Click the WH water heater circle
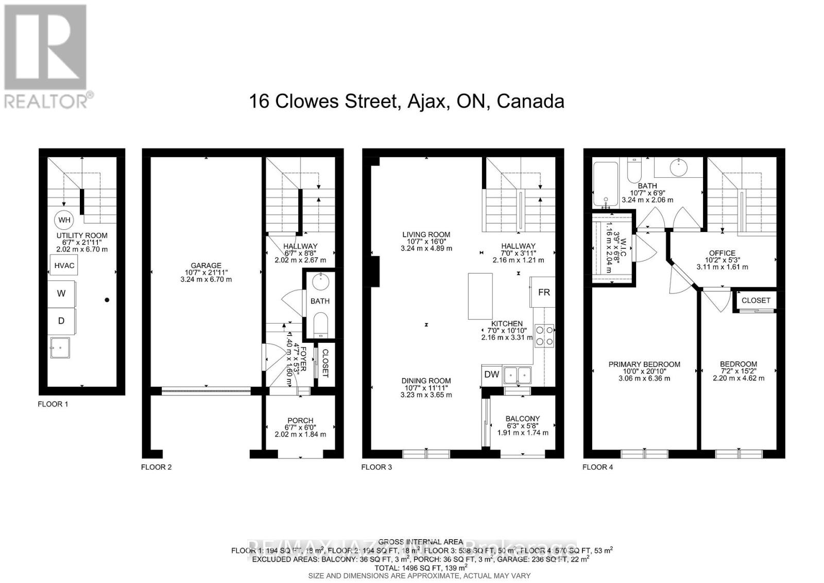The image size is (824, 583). (64, 220)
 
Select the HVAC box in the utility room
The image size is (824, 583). (64, 265)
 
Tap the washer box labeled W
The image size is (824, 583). (61, 293)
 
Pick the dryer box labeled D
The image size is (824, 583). (61, 321)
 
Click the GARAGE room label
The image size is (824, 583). (206, 265)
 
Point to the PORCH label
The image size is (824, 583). (300, 420)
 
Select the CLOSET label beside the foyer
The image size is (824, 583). (324, 364)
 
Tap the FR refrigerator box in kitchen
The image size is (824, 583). (544, 292)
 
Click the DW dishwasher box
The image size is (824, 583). (492, 374)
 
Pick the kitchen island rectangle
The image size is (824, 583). (480, 296)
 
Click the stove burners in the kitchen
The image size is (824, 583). (544, 335)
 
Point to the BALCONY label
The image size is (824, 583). (523, 419)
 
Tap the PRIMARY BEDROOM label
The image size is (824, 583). (644, 364)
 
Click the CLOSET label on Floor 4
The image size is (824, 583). (756, 300)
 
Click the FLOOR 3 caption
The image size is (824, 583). (376, 467)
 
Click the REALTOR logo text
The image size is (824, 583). (46, 101)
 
